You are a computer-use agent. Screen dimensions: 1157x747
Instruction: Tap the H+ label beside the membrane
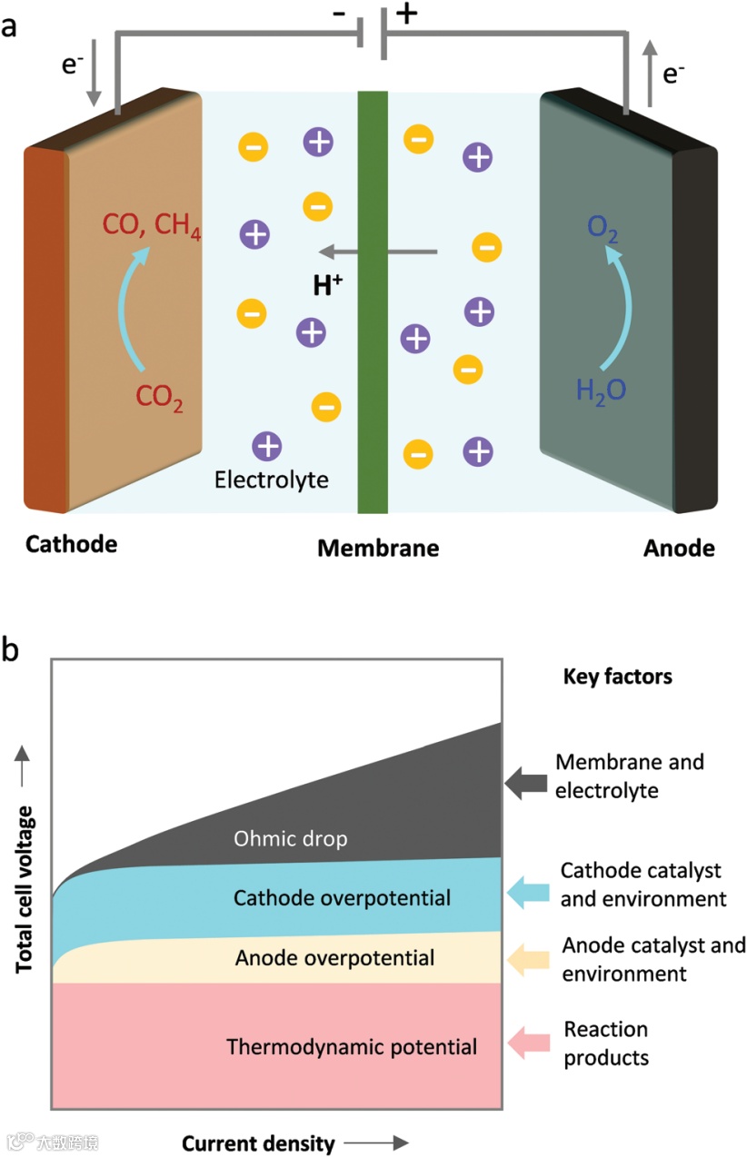click(x=328, y=285)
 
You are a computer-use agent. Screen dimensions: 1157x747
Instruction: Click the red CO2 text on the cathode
click(x=159, y=397)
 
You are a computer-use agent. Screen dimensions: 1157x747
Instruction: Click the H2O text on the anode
click(x=602, y=391)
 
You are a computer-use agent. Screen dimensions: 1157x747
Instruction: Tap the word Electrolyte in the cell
click(x=271, y=479)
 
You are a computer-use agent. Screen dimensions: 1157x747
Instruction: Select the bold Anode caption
click(x=679, y=549)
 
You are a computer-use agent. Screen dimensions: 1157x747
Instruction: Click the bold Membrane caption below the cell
click(x=377, y=549)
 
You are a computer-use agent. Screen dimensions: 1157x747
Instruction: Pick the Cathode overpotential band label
click(x=342, y=898)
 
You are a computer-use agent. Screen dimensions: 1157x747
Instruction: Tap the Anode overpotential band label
click(x=334, y=957)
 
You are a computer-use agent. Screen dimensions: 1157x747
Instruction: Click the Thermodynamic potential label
click(x=352, y=1046)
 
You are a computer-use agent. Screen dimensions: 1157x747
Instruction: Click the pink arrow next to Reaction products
click(x=526, y=1043)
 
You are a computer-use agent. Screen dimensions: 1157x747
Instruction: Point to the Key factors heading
click(x=617, y=677)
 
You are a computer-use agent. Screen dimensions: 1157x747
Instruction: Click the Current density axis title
click(x=258, y=1142)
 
